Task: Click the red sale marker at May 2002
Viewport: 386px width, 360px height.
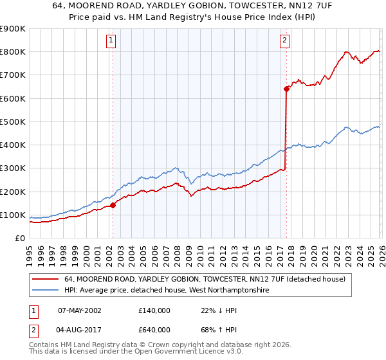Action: click(113, 206)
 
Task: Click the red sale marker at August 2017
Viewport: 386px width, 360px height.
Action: click(286, 89)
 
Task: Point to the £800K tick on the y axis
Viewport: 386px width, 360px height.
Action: click(13, 52)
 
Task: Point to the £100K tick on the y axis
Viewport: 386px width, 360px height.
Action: click(13, 215)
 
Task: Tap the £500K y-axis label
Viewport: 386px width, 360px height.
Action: click(13, 122)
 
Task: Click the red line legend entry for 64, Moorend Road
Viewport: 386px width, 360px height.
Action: click(205, 280)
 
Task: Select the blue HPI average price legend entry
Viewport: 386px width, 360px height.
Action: click(166, 291)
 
